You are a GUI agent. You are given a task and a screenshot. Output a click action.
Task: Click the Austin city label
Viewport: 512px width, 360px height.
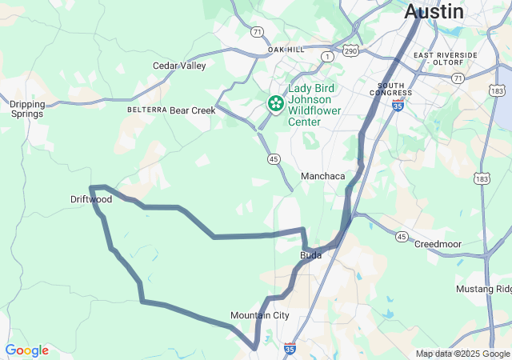click(434, 12)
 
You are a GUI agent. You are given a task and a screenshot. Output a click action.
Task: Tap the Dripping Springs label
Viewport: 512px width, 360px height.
click(28, 109)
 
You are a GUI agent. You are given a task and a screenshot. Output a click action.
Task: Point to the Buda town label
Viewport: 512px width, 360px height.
click(310, 255)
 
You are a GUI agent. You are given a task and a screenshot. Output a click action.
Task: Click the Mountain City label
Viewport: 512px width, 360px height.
click(260, 315)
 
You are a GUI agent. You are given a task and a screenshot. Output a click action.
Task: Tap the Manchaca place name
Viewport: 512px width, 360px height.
click(322, 176)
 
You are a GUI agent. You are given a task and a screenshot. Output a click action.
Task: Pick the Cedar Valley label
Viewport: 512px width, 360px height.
click(179, 66)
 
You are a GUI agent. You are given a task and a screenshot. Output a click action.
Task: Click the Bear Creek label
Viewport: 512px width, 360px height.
click(193, 110)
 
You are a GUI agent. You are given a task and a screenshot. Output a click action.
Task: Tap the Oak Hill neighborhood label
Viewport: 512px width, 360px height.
click(286, 50)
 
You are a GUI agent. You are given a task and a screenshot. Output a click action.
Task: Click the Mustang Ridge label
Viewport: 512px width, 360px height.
click(483, 289)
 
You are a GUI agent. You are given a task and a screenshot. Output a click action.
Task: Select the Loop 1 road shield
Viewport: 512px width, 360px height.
click(326, 56)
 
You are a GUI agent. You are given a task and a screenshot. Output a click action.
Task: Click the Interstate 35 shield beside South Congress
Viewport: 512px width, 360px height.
click(398, 105)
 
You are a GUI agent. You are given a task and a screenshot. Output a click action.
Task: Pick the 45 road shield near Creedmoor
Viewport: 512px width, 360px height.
click(402, 236)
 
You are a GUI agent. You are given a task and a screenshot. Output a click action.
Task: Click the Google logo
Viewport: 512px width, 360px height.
click(26, 350)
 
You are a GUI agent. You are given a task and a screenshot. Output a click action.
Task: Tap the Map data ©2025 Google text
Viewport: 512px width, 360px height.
click(462, 354)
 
